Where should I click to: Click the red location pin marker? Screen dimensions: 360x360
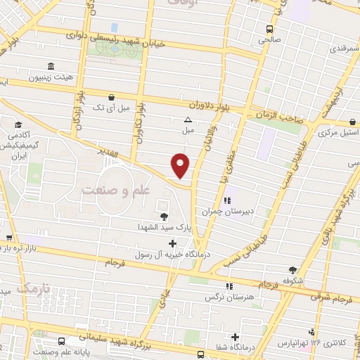pyautogui.click(x=181, y=165)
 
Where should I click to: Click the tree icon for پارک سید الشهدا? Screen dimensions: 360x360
pyautogui.click(x=165, y=217)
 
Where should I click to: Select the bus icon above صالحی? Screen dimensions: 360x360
pyautogui.click(x=269, y=29)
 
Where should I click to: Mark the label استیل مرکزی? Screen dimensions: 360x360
pyautogui.click(x=340, y=132)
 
